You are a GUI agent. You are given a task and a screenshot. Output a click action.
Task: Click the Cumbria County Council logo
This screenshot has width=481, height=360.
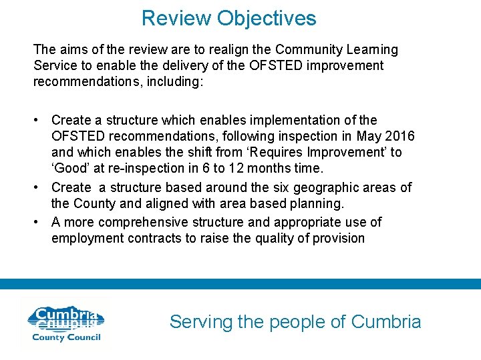[x=64, y=323]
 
